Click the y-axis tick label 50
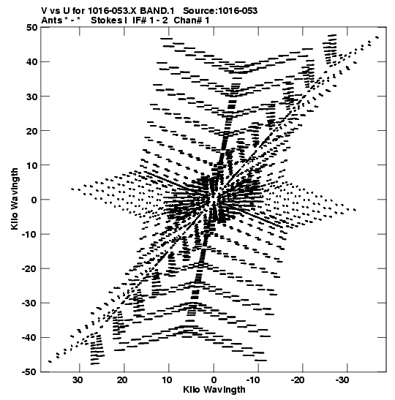(31, 28)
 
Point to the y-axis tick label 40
(31, 62)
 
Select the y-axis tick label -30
(29, 303)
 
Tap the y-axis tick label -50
(29, 372)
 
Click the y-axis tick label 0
(34, 200)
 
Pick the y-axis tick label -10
(29, 234)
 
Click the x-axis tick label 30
(78, 380)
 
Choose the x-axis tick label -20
(298, 380)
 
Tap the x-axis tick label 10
(167, 380)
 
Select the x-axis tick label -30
(342, 380)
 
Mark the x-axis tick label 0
(214, 380)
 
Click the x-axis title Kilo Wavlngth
(214, 390)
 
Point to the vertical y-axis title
(15, 199)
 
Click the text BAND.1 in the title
(157, 11)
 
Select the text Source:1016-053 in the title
(220, 11)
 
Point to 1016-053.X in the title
(112, 11)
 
